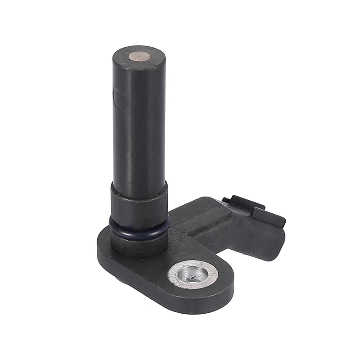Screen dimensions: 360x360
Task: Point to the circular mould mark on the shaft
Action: tap(117, 97)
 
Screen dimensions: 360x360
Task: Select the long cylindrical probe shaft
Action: tap(138, 126)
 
